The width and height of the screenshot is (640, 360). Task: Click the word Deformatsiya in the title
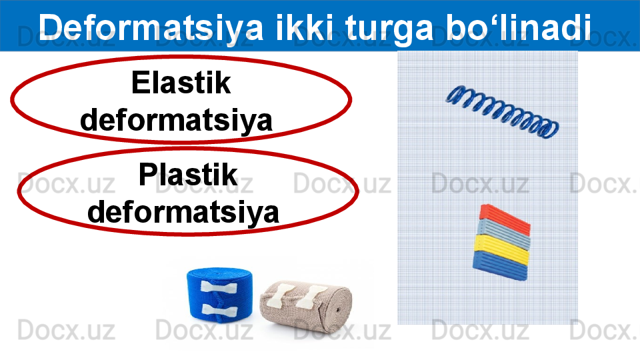151,27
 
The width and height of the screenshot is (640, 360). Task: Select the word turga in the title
388,29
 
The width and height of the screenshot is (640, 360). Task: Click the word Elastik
181,83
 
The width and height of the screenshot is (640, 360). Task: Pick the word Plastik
188,174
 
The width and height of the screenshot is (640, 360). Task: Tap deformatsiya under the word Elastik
176,121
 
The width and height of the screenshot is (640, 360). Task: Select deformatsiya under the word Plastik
183,212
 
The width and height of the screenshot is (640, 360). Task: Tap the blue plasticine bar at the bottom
500,265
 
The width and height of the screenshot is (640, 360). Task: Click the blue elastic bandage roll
219,294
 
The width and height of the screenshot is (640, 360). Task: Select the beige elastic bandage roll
306,307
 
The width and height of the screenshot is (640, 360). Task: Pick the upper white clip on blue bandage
219,287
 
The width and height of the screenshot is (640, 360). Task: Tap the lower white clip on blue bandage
219,311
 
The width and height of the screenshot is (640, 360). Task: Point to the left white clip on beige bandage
279,297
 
